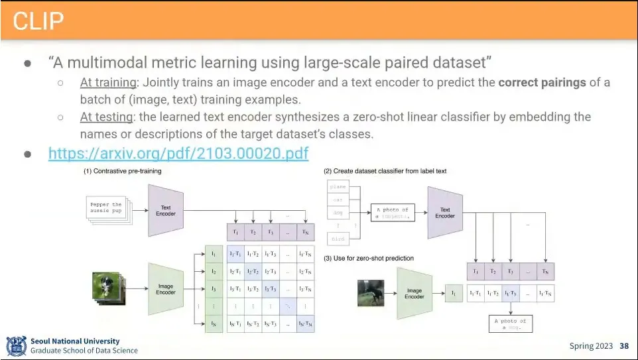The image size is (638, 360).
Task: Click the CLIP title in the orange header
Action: pyautogui.click(x=38, y=21)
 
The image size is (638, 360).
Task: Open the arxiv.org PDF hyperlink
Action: pyautogui.click(x=178, y=154)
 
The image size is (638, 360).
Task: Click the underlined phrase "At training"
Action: pyautogui.click(x=107, y=83)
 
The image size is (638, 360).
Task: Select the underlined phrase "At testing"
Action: pyautogui.click(x=105, y=117)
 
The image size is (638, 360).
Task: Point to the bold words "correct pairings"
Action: pyautogui.click(x=542, y=83)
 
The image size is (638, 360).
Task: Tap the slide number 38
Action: pyautogui.click(x=624, y=346)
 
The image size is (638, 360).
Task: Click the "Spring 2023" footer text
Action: pyautogui.click(x=592, y=346)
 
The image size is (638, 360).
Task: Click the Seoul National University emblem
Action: pyautogui.click(x=16, y=346)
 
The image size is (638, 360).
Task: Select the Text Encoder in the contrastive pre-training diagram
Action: pyautogui.click(x=166, y=210)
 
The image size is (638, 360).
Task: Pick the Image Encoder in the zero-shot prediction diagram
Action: pyautogui.click(x=414, y=292)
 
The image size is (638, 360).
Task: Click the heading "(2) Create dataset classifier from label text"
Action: pyautogui.click(x=385, y=171)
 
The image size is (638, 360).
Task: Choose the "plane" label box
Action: pyautogui.click(x=338, y=187)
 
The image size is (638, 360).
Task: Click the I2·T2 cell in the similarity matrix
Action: pyautogui.click(x=253, y=272)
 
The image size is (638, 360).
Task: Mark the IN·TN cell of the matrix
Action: pyautogui.click(x=305, y=323)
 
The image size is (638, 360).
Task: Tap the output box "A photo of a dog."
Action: pyautogui.click(x=511, y=324)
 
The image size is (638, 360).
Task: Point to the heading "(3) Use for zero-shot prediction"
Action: pyautogui.click(x=369, y=258)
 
